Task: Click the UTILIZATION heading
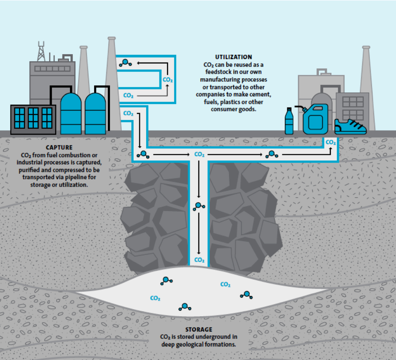233,57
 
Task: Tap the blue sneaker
351,126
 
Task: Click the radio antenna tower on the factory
41,51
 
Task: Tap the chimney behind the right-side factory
366,83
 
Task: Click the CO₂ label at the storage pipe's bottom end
199,260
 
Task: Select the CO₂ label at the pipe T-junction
199,155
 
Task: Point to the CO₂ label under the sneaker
331,142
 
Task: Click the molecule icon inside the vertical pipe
199,206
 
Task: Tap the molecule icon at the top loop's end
125,63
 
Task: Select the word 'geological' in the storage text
199,344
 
